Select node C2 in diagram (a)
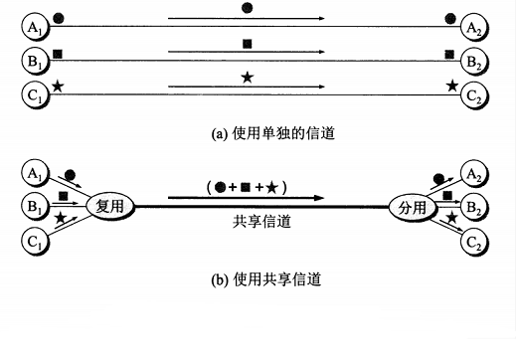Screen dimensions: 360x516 (476, 96)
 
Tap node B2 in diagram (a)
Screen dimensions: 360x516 (476, 61)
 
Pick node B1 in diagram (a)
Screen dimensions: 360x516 (36, 61)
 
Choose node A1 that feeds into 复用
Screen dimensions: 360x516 (36, 173)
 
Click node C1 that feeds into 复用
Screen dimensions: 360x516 (36, 240)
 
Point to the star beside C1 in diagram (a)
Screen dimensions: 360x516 (58, 88)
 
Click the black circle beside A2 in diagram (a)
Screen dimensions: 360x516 (451, 18)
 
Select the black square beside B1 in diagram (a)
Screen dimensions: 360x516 (59, 53)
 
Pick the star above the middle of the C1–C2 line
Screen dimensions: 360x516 (247, 78)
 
